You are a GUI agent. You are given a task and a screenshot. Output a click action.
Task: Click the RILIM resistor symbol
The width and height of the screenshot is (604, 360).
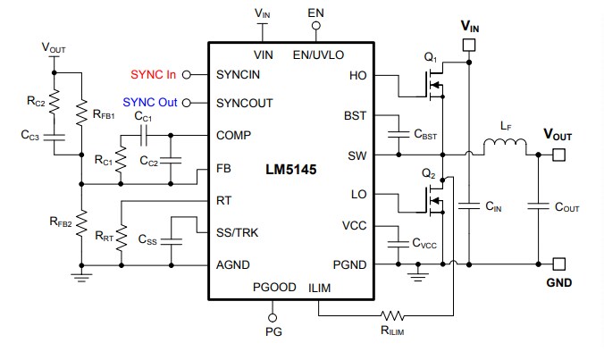click(391, 315)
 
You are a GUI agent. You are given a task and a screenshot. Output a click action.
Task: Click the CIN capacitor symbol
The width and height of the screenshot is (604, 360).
click(467, 205)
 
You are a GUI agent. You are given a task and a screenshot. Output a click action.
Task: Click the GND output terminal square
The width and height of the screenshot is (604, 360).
click(558, 264)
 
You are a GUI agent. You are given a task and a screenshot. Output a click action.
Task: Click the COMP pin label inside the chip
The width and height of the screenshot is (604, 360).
click(233, 135)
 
